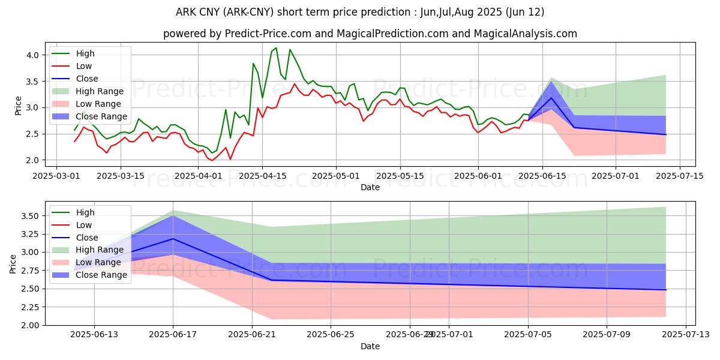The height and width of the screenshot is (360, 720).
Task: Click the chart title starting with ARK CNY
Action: [x=360, y=12]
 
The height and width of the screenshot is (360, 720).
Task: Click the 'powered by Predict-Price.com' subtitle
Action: [x=370, y=34]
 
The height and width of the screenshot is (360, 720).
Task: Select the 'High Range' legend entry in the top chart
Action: [x=100, y=91]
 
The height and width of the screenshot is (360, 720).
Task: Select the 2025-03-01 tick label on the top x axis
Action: [x=56, y=176]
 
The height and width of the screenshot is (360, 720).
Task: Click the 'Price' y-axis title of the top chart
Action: [x=18, y=106]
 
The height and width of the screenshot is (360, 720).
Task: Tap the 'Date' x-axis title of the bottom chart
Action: [x=370, y=346]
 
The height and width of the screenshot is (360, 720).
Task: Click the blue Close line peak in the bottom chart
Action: [x=173, y=239]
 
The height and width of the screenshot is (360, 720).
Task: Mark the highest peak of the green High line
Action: [x=276, y=48]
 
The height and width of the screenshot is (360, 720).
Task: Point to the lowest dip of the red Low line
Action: [x=211, y=160]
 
